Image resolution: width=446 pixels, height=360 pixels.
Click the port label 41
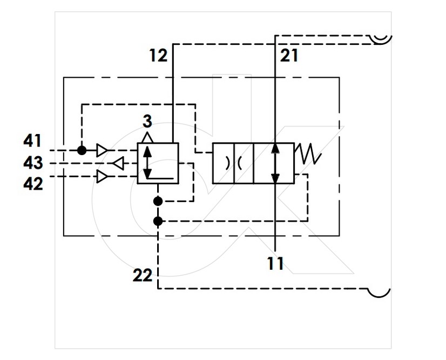pyautogui.click(x=32, y=141)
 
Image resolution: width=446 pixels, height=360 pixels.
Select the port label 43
pyautogui.click(x=33, y=163)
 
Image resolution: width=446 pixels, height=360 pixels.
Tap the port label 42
pyautogui.click(x=33, y=184)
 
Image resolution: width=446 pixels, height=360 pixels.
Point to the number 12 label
pyautogui.click(x=158, y=55)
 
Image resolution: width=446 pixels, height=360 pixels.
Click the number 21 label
pyautogui.click(x=289, y=55)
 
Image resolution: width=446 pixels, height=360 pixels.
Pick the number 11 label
pyautogui.click(x=275, y=263)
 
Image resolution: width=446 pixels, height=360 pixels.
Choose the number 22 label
pyautogui.click(x=143, y=276)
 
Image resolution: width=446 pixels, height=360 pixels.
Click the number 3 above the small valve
pyautogui.click(x=147, y=121)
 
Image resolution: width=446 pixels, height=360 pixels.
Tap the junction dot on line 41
pyautogui.click(x=82, y=150)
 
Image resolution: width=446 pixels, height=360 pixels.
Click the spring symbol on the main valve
pyautogui.click(x=308, y=154)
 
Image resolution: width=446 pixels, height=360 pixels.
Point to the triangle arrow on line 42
pyautogui.click(x=103, y=177)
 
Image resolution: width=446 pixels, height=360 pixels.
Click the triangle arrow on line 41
pyautogui.click(x=103, y=150)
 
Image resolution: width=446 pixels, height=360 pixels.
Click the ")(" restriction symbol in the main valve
pyautogui.click(x=233, y=163)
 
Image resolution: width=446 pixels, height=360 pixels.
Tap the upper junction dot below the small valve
pyautogui.click(x=158, y=202)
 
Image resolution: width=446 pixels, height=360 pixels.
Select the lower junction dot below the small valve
pyautogui.click(x=158, y=221)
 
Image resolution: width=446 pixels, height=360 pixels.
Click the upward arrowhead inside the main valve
pyautogui.click(x=275, y=148)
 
